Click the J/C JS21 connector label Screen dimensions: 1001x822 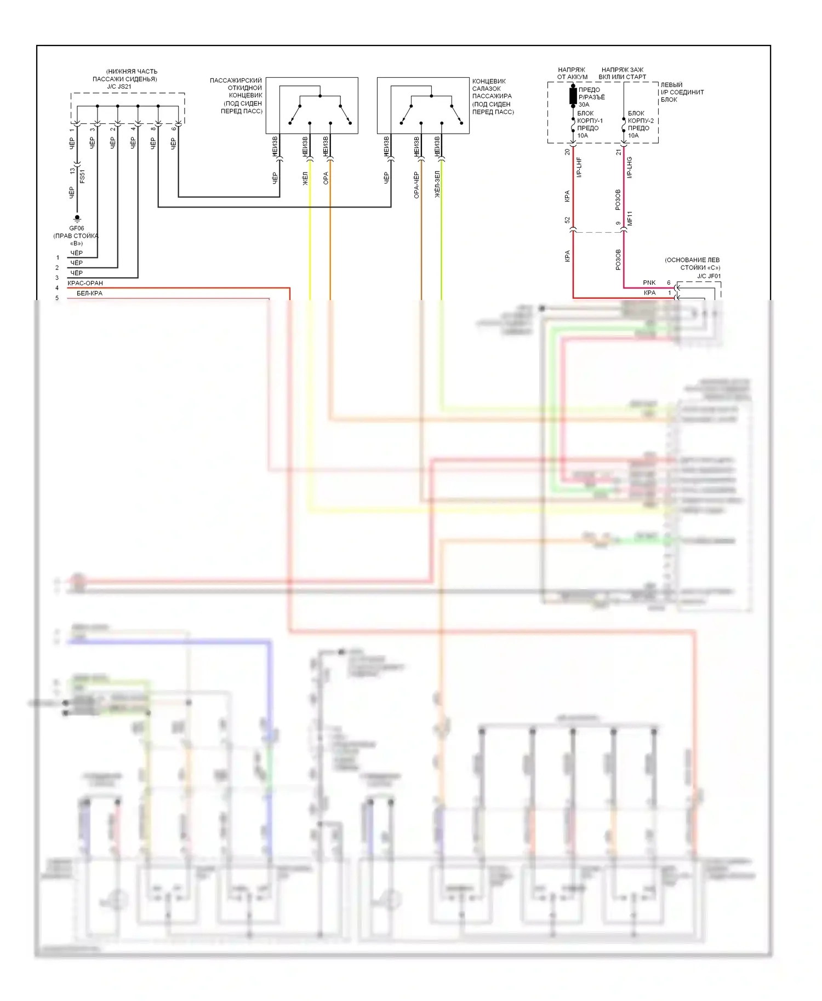tap(119, 87)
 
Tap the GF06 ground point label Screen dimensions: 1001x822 tap(77, 228)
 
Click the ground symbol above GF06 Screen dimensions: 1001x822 tap(77, 218)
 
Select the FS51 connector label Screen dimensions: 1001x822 tap(83, 176)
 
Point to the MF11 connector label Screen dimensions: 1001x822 tap(630, 218)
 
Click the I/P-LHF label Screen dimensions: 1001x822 tap(579, 167)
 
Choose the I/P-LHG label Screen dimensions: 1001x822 tap(630, 167)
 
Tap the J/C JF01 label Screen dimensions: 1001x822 tap(709, 276)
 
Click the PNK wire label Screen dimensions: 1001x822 tap(649, 283)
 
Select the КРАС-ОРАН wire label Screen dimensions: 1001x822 tap(85, 283)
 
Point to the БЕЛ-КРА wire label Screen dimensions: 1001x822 tap(89, 294)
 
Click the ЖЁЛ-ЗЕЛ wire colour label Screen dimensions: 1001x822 tap(437, 184)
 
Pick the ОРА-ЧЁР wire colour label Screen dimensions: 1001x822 tap(416, 185)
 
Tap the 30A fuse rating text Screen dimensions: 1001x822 tap(584, 105)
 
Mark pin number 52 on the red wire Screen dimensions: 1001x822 tap(567, 220)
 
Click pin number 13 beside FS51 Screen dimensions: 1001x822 tap(72, 171)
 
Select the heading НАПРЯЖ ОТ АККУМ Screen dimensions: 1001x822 tap(572, 73)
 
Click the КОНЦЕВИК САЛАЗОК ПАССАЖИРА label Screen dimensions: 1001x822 tap(493, 96)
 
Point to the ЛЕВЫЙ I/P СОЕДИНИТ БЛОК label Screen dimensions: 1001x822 tap(682, 92)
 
